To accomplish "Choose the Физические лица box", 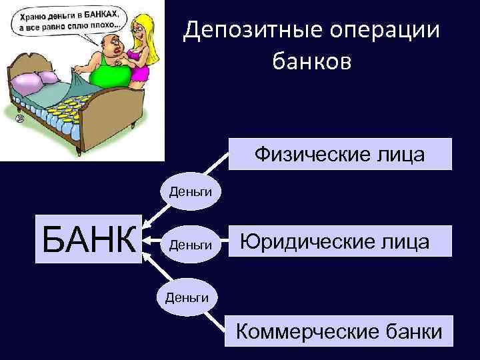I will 340,155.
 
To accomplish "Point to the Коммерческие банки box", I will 339,329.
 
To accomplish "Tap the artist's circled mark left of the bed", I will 20,118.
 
